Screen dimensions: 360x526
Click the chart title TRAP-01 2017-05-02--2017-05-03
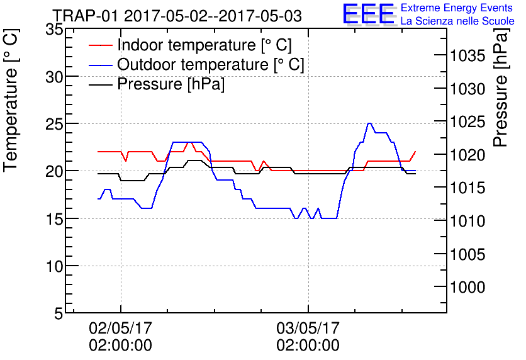click(x=177, y=15)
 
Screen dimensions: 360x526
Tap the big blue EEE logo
click(x=368, y=14)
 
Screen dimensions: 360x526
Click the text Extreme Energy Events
click(x=457, y=8)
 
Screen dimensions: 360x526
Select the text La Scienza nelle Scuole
click(x=457, y=21)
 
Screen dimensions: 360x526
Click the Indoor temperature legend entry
click(x=204, y=45)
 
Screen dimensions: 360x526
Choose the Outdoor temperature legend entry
click(x=211, y=65)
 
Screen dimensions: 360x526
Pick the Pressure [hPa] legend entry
click(x=171, y=84)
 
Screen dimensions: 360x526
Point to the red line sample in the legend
click(x=100, y=45)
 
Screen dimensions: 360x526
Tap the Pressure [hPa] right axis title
click(x=501, y=94)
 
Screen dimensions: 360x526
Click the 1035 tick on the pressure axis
click(x=468, y=56)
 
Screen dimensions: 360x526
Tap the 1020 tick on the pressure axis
click(x=468, y=155)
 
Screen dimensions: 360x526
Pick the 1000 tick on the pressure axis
click(x=468, y=288)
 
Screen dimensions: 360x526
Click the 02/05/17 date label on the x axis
click(x=121, y=329)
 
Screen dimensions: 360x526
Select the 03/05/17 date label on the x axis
click(x=308, y=329)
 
